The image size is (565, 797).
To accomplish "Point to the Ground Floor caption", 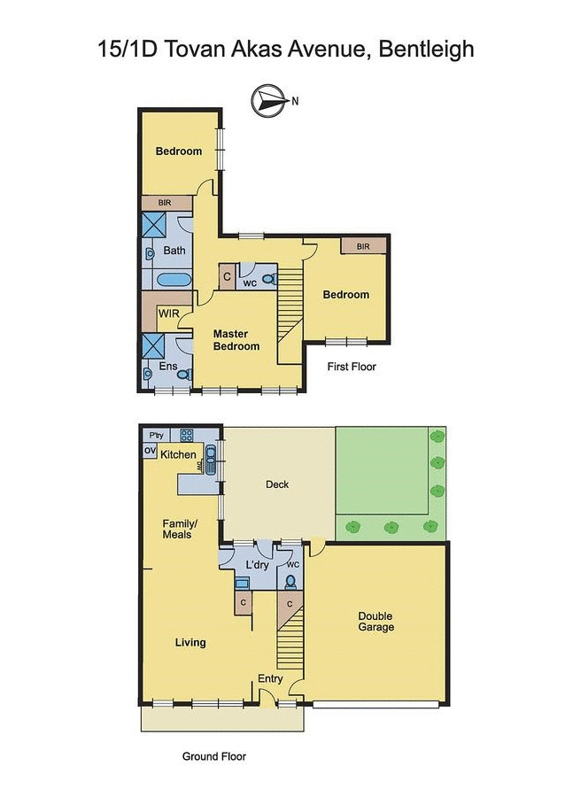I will pos(213,756).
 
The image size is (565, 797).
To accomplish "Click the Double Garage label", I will pos(375,622).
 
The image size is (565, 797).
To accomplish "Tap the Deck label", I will pos(277,484).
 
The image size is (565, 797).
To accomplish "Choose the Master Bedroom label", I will pos(236,340).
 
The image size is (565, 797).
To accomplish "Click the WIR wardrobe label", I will pos(168,314).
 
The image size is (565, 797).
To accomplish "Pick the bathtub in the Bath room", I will pos(174,281).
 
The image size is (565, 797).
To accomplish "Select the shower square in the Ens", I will pos(153,345).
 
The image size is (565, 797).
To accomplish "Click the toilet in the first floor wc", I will pos(270,280).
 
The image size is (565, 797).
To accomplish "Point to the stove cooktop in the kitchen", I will pos(187,436).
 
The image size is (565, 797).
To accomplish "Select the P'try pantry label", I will pos(157,435).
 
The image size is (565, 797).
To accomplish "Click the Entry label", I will pos(270,679).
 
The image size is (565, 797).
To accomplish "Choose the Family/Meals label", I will pos(178,529).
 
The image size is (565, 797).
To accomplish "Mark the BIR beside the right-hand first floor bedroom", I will pos(363,246).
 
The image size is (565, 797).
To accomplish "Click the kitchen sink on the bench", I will pos(211,460).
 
